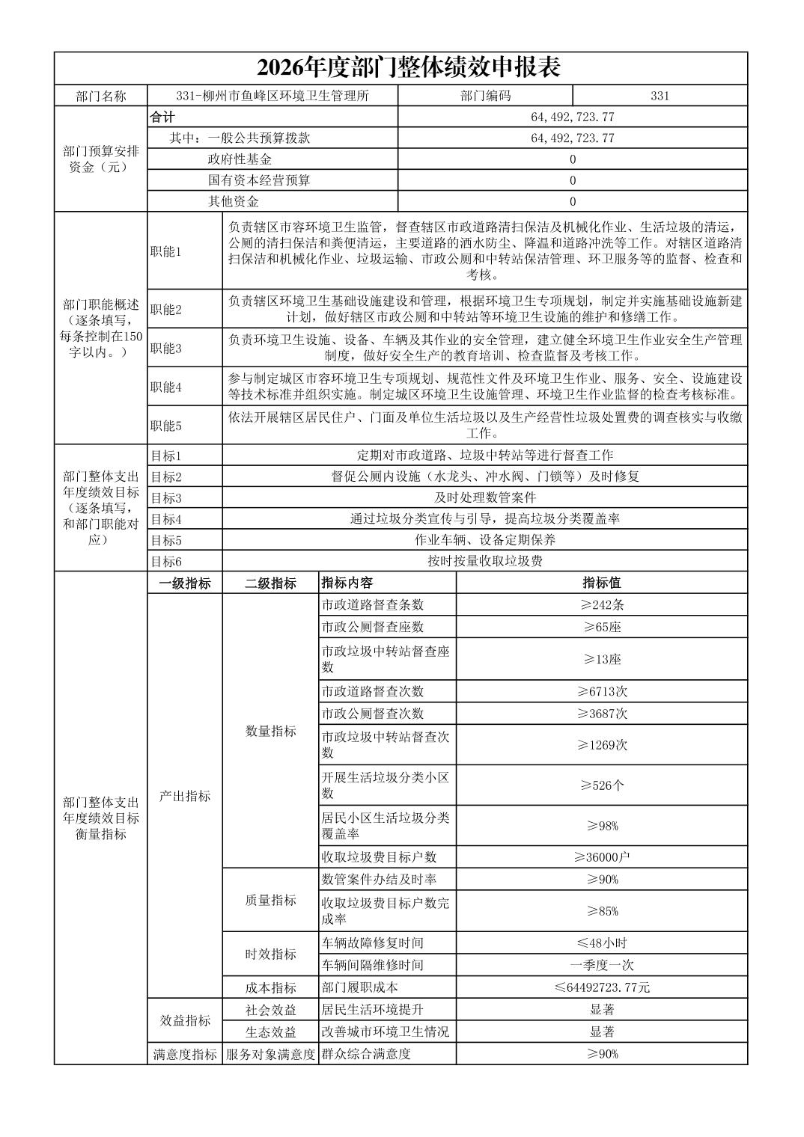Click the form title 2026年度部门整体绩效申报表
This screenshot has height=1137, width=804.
click(x=409, y=68)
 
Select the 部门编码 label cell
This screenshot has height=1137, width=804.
click(x=485, y=96)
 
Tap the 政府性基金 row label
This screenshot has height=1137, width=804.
click(x=240, y=159)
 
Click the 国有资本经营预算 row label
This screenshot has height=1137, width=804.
click(x=259, y=180)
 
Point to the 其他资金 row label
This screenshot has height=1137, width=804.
click(x=234, y=201)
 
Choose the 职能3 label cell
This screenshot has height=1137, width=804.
click(x=166, y=349)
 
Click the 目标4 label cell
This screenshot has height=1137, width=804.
click(x=166, y=518)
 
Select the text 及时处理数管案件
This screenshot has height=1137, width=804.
click(x=485, y=497)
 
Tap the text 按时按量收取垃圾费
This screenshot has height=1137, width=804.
click(x=485, y=561)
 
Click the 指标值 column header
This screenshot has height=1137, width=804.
click(x=602, y=583)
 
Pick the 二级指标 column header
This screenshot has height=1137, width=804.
click(x=270, y=583)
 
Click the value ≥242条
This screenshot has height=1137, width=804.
click(x=602, y=605)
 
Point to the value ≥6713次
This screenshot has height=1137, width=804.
click(x=602, y=691)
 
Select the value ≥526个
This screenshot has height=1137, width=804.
click(x=602, y=785)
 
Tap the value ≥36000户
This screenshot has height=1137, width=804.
click(x=602, y=857)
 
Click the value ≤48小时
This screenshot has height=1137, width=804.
click(x=602, y=943)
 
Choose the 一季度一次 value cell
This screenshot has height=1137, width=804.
click(x=602, y=965)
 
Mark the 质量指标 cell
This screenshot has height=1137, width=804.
click(x=270, y=901)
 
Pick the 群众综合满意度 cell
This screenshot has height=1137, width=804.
click(x=366, y=1054)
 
